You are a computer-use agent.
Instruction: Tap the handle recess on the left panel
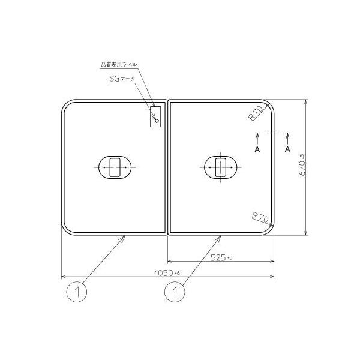(114, 167)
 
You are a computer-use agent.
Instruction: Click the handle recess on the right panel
(221, 167)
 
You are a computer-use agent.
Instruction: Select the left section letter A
(257, 148)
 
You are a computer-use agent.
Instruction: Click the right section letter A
(287, 148)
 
